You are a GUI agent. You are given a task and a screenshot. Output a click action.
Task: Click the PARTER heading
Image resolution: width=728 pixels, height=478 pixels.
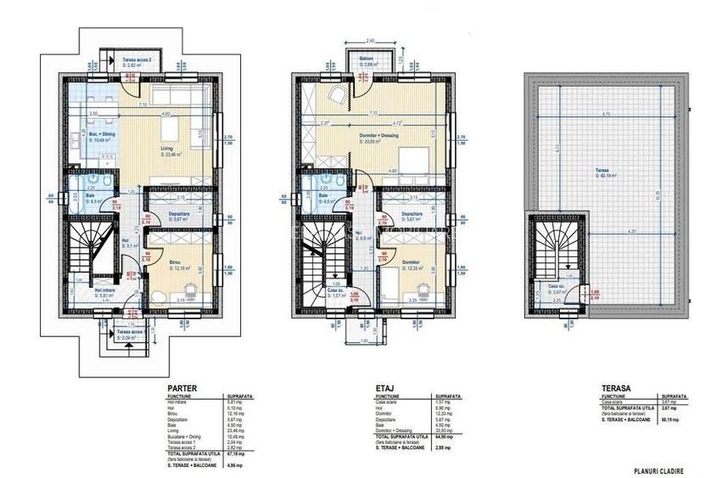180,386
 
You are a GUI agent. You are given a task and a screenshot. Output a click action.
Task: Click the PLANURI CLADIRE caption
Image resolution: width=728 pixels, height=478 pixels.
658,470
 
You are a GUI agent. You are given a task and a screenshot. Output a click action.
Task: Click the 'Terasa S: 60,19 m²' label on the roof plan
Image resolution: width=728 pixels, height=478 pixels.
605,175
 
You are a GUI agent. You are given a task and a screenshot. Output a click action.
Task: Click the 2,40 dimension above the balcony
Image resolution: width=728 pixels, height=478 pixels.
369,41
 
